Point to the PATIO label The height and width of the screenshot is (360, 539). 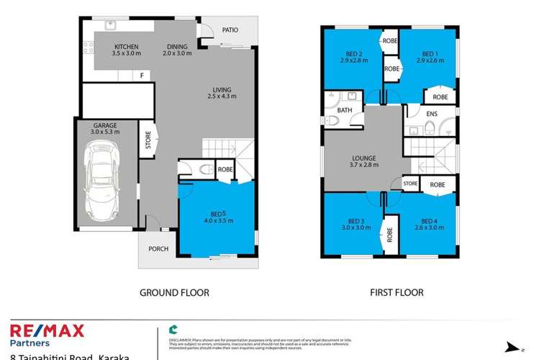pyautogui.click(x=229, y=30)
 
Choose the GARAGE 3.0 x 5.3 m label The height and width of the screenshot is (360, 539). pyautogui.click(x=105, y=129)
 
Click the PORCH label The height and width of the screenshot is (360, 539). pyautogui.click(x=158, y=249)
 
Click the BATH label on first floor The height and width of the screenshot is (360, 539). pyautogui.click(x=345, y=110)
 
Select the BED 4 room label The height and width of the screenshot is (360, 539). pyautogui.click(x=430, y=224)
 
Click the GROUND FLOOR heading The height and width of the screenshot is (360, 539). pyautogui.click(x=174, y=293)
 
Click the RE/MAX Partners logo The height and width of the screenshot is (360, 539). pyautogui.click(x=47, y=336)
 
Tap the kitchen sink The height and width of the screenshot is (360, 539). pyautogui.click(x=110, y=27)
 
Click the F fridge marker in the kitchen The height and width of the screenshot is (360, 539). pyautogui.click(x=142, y=75)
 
